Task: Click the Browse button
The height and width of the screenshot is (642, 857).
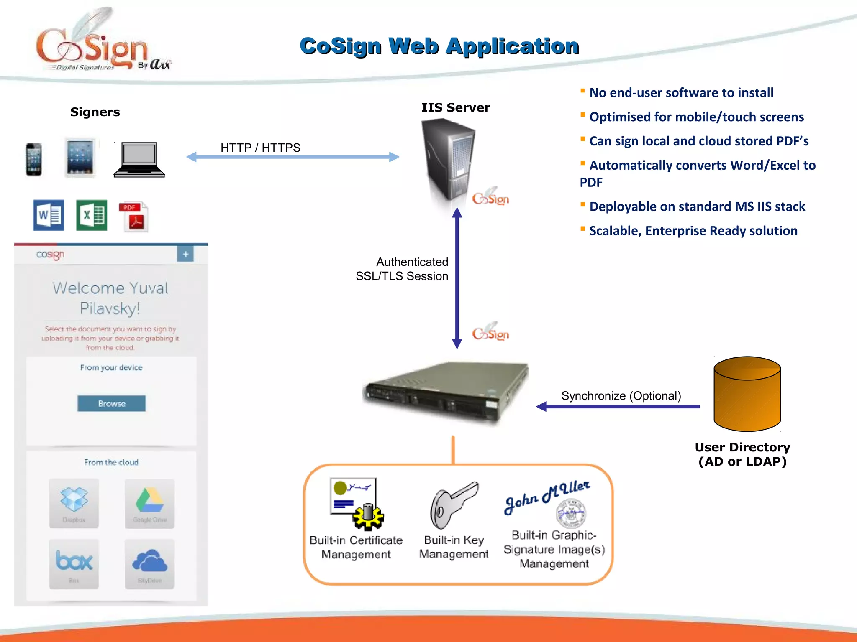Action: tap(112, 403)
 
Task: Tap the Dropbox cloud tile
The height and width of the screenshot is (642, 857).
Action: tap(74, 503)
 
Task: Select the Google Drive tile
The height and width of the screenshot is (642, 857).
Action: tap(149, 503)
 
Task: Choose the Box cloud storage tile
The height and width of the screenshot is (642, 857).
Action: tap(74, 563)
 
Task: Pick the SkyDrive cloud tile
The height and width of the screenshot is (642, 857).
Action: tap(149, 563)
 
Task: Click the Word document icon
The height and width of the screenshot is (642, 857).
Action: tap(49, 215)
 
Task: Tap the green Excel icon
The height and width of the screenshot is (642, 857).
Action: tap(92, 215)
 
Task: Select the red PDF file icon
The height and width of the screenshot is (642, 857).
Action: tap(134, 217)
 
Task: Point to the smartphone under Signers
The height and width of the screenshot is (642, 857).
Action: tap(33, 159)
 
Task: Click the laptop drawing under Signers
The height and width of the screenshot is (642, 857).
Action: tap(139, 160)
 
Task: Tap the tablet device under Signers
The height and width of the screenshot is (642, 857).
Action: tap(80, 158)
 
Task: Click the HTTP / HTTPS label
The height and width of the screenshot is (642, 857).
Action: tap(260, 148)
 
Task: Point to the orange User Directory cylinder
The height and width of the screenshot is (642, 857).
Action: tap(747, 394)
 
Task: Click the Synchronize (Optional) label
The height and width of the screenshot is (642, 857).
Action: tap(621, 396)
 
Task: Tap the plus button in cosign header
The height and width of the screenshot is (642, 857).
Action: tap(185, 254)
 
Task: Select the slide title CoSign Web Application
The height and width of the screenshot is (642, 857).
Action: tap(439, 46)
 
